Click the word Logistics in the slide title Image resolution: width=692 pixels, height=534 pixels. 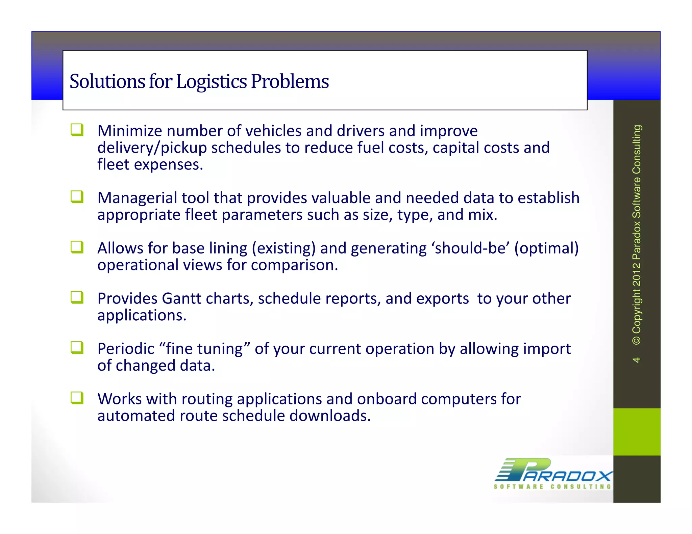(212, 82)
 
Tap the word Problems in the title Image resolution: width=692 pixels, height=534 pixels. (290, 82)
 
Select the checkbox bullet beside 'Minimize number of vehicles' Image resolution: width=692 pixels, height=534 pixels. (77, 130)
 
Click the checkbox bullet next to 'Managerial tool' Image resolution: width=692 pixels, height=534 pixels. (77, 197)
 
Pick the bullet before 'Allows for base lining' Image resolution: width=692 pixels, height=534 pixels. (77, 247)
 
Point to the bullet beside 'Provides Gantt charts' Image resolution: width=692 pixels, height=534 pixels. (77, 297)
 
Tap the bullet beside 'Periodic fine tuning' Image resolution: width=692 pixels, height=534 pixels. (77, 348)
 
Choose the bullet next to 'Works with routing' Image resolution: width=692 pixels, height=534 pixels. (77, 398)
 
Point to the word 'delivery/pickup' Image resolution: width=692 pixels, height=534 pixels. (152, 148)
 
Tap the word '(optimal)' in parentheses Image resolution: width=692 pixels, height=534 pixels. (546, 248)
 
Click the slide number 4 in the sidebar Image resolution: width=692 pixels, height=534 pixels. (636, 360)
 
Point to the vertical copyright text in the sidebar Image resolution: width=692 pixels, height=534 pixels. (637, 234)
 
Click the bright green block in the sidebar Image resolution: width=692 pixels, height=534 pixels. (637, 432)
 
